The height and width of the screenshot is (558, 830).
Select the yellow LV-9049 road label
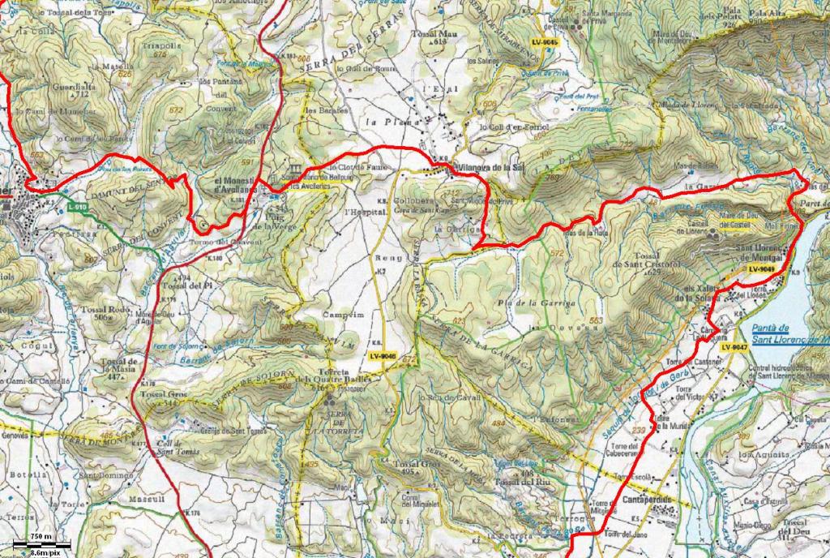point(761,268)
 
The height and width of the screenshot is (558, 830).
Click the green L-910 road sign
point(78,208)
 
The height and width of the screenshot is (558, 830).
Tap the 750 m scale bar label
point(41,537)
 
